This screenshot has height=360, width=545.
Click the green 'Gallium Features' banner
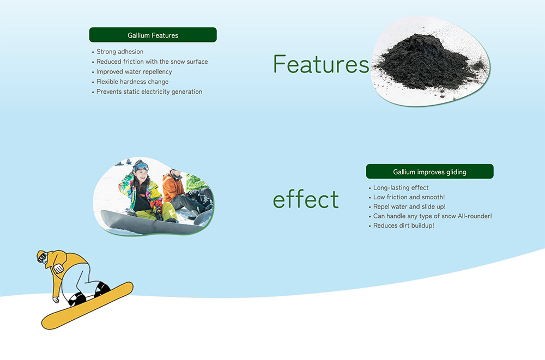[x=153, y=35]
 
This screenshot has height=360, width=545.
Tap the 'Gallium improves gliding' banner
[x=429, y=172]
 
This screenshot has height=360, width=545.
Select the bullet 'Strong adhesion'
[x=120, y=51]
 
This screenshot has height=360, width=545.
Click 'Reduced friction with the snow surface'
[x=152, y=62]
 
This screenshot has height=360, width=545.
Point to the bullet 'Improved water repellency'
[x=134, y=71]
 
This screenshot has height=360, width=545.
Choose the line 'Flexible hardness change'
[x=132, y=82]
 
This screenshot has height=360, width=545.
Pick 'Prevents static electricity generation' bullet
[x=149, y=91]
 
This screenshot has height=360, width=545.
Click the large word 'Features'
[x=321, y=64]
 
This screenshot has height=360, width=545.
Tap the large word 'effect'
[x=306, y=199]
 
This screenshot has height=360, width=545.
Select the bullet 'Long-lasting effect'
[x=401, y=188]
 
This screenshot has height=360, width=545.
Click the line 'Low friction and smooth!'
[x=409, y=197]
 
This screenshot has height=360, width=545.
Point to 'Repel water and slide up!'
[x=409, y=206]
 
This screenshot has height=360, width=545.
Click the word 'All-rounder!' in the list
[x=475, y=216]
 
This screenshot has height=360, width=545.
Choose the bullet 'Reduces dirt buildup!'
[x=403, y=225]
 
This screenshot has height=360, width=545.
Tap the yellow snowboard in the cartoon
[x=87, y=306]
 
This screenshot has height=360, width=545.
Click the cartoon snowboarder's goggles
[x=43, y=258]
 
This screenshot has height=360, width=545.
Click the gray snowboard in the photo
[x=153, y=222]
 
